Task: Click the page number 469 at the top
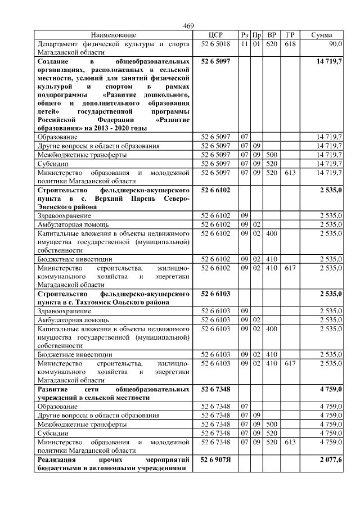tap(188, 26)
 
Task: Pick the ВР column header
tap(271, 35)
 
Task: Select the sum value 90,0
tap(335, 43)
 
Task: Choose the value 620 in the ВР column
tap(271, 43)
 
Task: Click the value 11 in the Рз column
tap(244, 43)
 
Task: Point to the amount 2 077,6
tap(330, 460)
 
